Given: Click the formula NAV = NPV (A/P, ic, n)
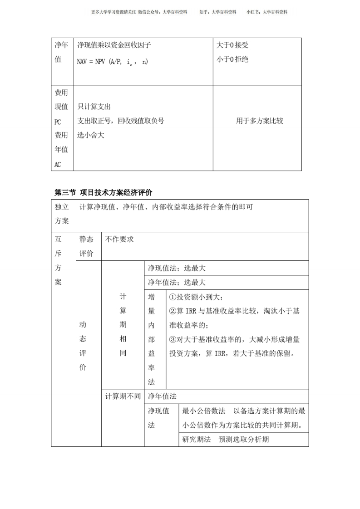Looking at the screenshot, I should tap(112, 62).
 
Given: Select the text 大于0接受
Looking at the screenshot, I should tap(232, 45).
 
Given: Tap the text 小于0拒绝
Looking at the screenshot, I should tap(232, 59).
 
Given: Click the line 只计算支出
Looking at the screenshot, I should tap(94, 107).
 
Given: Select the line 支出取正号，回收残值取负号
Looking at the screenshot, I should tap(120, 121).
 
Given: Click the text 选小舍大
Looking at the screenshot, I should tap(90, 135).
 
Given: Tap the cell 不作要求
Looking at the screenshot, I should tap(119, 239).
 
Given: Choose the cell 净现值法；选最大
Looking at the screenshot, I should tap(177, 268).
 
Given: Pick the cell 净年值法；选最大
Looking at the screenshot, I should tap(177, 282).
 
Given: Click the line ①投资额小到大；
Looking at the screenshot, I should tap(196, 297).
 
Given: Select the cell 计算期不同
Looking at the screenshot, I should tap(123, 396).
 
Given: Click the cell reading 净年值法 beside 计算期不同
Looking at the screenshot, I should tap(162, 396).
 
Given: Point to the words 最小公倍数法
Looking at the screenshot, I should tap(204, 411).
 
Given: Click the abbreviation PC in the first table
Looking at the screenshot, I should tap(58, 122).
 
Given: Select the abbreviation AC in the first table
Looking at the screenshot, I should tap(58, 164).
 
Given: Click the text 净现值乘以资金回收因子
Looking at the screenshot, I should tap(114, 45).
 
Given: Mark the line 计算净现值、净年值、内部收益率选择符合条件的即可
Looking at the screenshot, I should tap(166, 207).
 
